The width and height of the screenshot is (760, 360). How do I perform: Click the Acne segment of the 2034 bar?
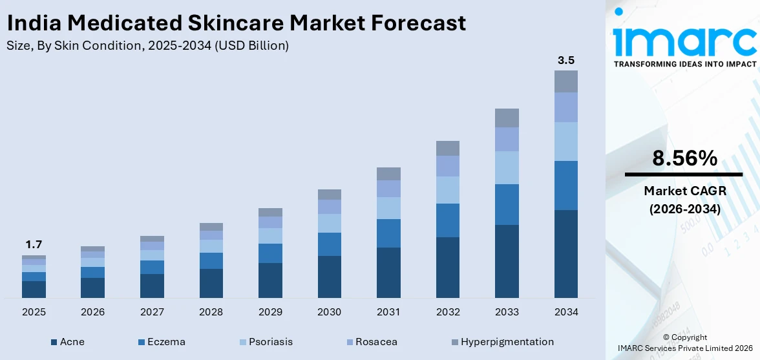[x=565, y=253]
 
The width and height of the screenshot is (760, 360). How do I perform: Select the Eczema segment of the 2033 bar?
[x=507, y=204]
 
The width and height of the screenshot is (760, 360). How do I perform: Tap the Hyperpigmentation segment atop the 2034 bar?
[x=565, y=81]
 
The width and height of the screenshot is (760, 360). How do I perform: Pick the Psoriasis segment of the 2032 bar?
[x=447, y=190]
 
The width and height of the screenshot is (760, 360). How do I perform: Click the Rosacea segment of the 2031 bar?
[x=388, y=189]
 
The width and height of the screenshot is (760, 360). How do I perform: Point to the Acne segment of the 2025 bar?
[x=34, y=290]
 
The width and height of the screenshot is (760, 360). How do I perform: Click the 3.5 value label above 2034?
[x=565, y=60]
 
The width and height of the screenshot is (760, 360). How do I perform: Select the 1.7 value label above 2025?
[x=34, y=244]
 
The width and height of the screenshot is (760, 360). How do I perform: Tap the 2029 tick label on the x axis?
[x=270, y=312]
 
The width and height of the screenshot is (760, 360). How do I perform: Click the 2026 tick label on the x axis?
[x=92, y=312]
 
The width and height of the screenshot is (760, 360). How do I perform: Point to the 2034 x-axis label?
[x=565, y=312]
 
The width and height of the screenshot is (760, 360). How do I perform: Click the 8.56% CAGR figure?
[x=684, y=158]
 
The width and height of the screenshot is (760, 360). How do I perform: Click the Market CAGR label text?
[x=684, y=191]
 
